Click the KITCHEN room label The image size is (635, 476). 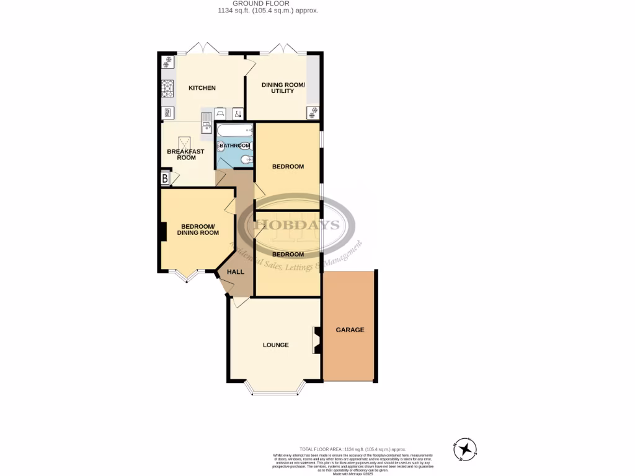202,88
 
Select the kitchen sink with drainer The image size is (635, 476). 205,122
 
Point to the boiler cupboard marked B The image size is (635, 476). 165,179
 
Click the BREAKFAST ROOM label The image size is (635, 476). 185,154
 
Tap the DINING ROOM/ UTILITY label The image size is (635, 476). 277,88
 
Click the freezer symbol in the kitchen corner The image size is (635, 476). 167,63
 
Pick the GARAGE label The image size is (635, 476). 350,330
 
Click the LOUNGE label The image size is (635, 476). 275,345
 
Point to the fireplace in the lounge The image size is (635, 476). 317,340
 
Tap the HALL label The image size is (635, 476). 236,271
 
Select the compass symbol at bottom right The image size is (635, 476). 464,449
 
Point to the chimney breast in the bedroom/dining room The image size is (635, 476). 163,231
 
